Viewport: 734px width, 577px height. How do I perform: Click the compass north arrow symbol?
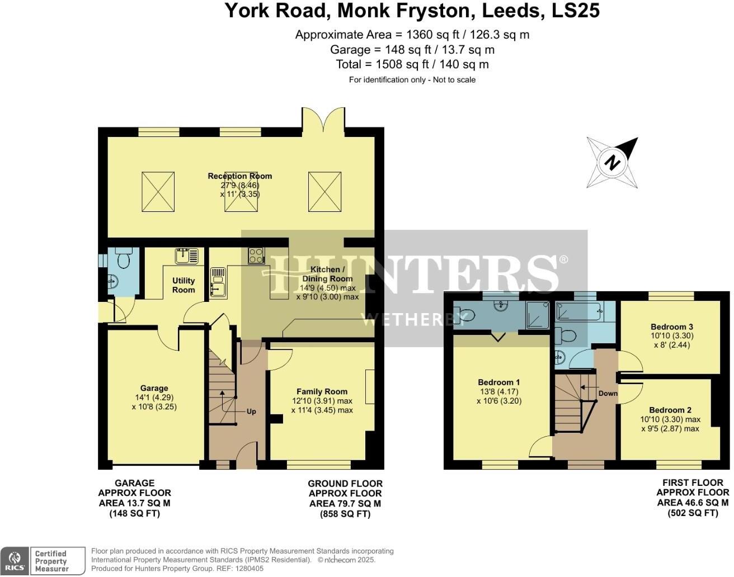pyautogui.click(x=613, y=162)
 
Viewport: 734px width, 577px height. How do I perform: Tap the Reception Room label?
pyautogui.click(x=239, y=176)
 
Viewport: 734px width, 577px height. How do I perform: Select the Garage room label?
pyautogui.click(x=154, y=389)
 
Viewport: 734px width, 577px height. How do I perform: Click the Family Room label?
pyautogui.click(x=322, y=392)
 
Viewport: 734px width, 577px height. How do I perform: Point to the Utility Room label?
pyautogui.click(x=183, y=285)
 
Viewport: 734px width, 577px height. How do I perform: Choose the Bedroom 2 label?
pyautogui.click(x=670, y=410)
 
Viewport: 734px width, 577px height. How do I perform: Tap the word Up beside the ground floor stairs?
pyautogui.click(x=251, y=412)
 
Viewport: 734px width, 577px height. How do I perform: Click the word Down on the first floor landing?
pyautogui.click(x=608, y=393)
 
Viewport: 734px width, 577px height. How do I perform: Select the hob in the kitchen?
pyautogui.click(x=256, y=256)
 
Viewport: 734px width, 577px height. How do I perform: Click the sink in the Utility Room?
pyautogui.click(x=186, y=256)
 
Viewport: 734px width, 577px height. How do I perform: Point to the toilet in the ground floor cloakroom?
pyautogui.click(x=124, y=259)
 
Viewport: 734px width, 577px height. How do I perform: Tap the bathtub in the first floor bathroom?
pyautogui.click(x=578, y=311)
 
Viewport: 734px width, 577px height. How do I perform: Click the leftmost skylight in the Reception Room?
pyautogui.click(x=158, y=192)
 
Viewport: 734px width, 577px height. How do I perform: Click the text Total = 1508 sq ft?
pyautogui.click(x=412, y=64)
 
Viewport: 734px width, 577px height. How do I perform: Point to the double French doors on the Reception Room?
pyautogui.click(x=323, y=119)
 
